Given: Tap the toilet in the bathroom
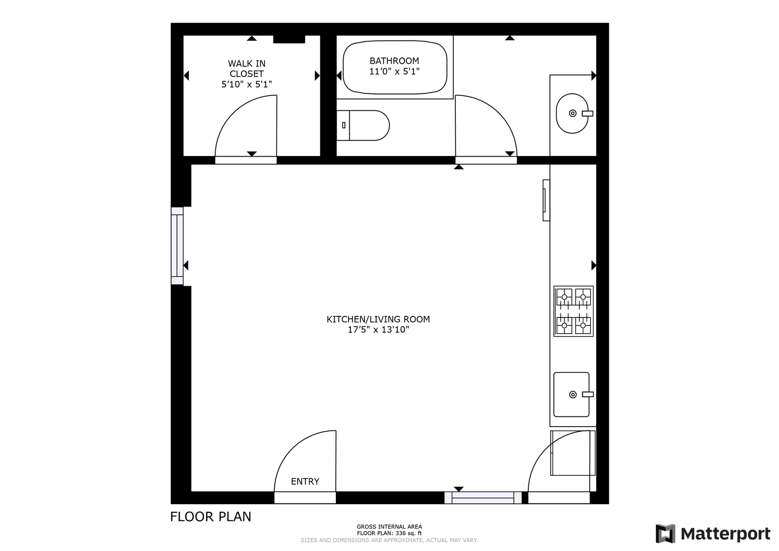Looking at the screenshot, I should click(363, 125).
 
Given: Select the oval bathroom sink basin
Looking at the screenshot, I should click(572, 113).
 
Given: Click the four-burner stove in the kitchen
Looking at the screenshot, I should click(573, 311).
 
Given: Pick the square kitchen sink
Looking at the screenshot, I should click(571, 394).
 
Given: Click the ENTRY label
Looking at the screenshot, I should click(305, 481).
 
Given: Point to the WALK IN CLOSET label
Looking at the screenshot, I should click(247, 68).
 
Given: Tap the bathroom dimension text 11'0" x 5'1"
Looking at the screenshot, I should click(394, 71).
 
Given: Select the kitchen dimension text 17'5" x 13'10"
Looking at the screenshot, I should click(378, 330).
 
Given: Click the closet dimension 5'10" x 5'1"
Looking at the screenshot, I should click(247, 84).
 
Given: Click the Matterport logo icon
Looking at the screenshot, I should click(665, 534).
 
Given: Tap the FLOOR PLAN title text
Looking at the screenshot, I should click(210, 517).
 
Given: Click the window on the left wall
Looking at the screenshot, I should click(177, 245).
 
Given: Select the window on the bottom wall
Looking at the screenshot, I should click(483, 497).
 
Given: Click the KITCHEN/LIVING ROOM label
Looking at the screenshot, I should click(378, 319).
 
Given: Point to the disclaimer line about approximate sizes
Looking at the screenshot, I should click(389, 540).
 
